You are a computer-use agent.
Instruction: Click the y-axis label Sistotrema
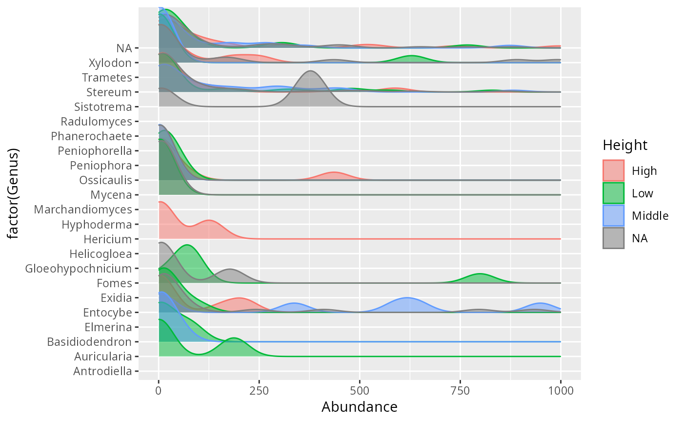[103, 107]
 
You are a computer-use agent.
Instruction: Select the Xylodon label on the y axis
[110, 63]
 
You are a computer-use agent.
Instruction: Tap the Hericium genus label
[107, 239]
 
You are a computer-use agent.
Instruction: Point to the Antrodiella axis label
[102, 371]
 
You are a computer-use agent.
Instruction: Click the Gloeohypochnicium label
[79, 269]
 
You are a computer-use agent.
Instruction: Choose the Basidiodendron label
[89, 342]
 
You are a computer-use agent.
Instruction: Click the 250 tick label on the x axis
[259, 391]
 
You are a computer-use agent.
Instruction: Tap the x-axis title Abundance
[360, 407]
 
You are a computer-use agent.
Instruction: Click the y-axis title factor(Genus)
[14, 194]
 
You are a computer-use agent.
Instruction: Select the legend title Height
[625, 145]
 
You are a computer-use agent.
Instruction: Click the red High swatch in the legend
[613, 171]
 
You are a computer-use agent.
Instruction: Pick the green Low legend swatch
[613, 193]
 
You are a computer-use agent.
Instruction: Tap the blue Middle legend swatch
[613, 215]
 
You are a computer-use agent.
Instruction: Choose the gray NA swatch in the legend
[613, 238]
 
